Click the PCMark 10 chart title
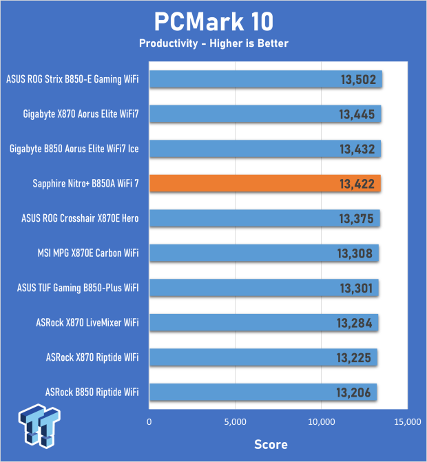213,21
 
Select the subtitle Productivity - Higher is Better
213,43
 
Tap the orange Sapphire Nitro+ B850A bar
265,183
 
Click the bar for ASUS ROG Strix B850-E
266,79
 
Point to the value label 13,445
357,114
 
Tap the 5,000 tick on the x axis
236,421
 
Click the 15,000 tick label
407,421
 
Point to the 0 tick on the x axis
149,421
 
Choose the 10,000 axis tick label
321,421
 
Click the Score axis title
271,443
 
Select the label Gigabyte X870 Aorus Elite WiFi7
81,114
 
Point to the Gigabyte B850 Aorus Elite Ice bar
265,149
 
